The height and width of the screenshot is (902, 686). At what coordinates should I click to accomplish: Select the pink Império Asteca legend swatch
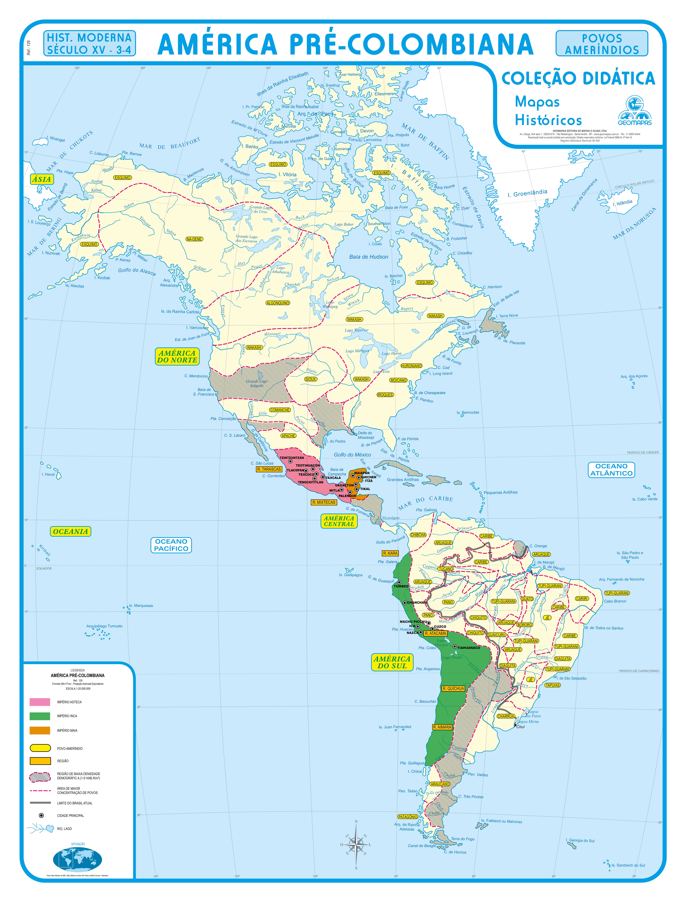point(40,702)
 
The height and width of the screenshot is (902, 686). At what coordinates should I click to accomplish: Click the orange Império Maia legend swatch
point(40,730)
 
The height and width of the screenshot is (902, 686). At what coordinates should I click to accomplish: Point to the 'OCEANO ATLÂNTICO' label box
point(611,470)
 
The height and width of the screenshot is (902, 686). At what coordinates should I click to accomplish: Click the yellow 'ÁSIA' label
point(42,179)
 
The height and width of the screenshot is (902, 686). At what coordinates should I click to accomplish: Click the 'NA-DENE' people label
point(194,239)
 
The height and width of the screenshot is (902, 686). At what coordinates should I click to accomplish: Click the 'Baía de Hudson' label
point(368,257)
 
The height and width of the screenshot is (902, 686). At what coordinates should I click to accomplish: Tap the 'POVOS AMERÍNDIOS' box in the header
point(601,44)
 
